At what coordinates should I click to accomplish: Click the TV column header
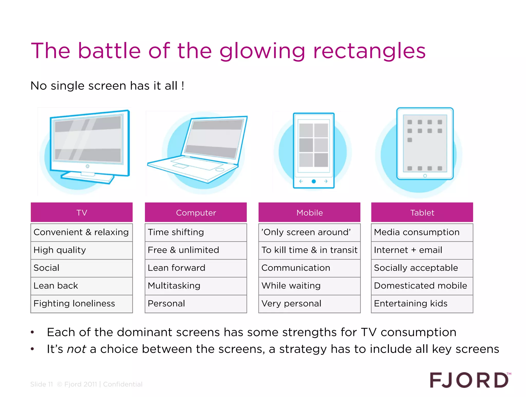pyautogui.click(x=82, y=212)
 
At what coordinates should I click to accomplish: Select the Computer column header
pyautogui.click(x=196, y=212)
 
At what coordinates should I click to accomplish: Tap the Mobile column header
pyautogui.click(x=309, y=212)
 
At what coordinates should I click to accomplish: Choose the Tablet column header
pyautogui.click(x=422, y=212)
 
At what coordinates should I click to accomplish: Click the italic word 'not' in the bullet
pyautogui.click(x=76, y=349)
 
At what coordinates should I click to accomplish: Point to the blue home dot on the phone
pyautogui.click(x=314, y=181)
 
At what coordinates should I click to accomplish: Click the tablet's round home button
pyautogui.click(x=425, y=176)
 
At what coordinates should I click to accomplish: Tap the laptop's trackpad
pyautogui.click(x=181, y=166)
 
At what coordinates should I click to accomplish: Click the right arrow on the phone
pyautogui.click(x=326, y=181)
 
